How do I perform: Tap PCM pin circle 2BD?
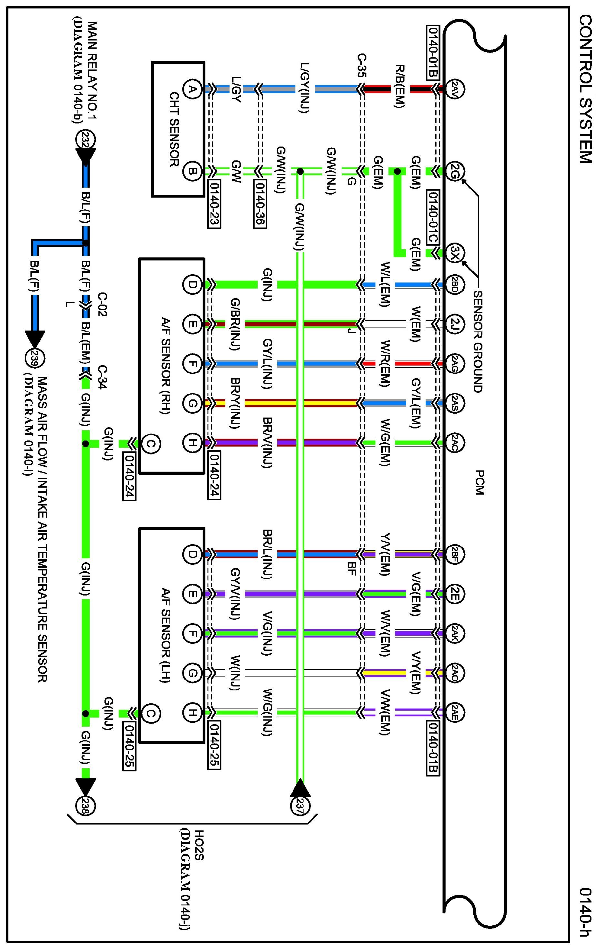pos(455,284)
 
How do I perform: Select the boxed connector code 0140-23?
pos(214,204)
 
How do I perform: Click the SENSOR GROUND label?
pos(478,341)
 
